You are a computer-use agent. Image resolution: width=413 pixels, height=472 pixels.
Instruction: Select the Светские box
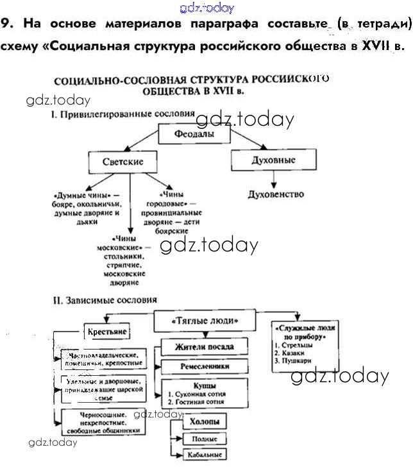[122, 162]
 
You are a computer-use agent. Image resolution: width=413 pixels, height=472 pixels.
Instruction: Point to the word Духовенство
[276, 194]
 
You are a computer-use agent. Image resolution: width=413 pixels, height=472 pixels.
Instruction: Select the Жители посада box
[196, 347]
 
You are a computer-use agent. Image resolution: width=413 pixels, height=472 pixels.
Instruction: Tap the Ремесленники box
[195, 367]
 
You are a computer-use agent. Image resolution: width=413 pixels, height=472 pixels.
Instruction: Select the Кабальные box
[205, 455]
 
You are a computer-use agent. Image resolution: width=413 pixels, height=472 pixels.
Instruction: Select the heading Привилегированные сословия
[122, 114]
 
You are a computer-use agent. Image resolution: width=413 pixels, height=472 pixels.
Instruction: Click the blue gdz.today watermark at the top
[207, 8]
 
